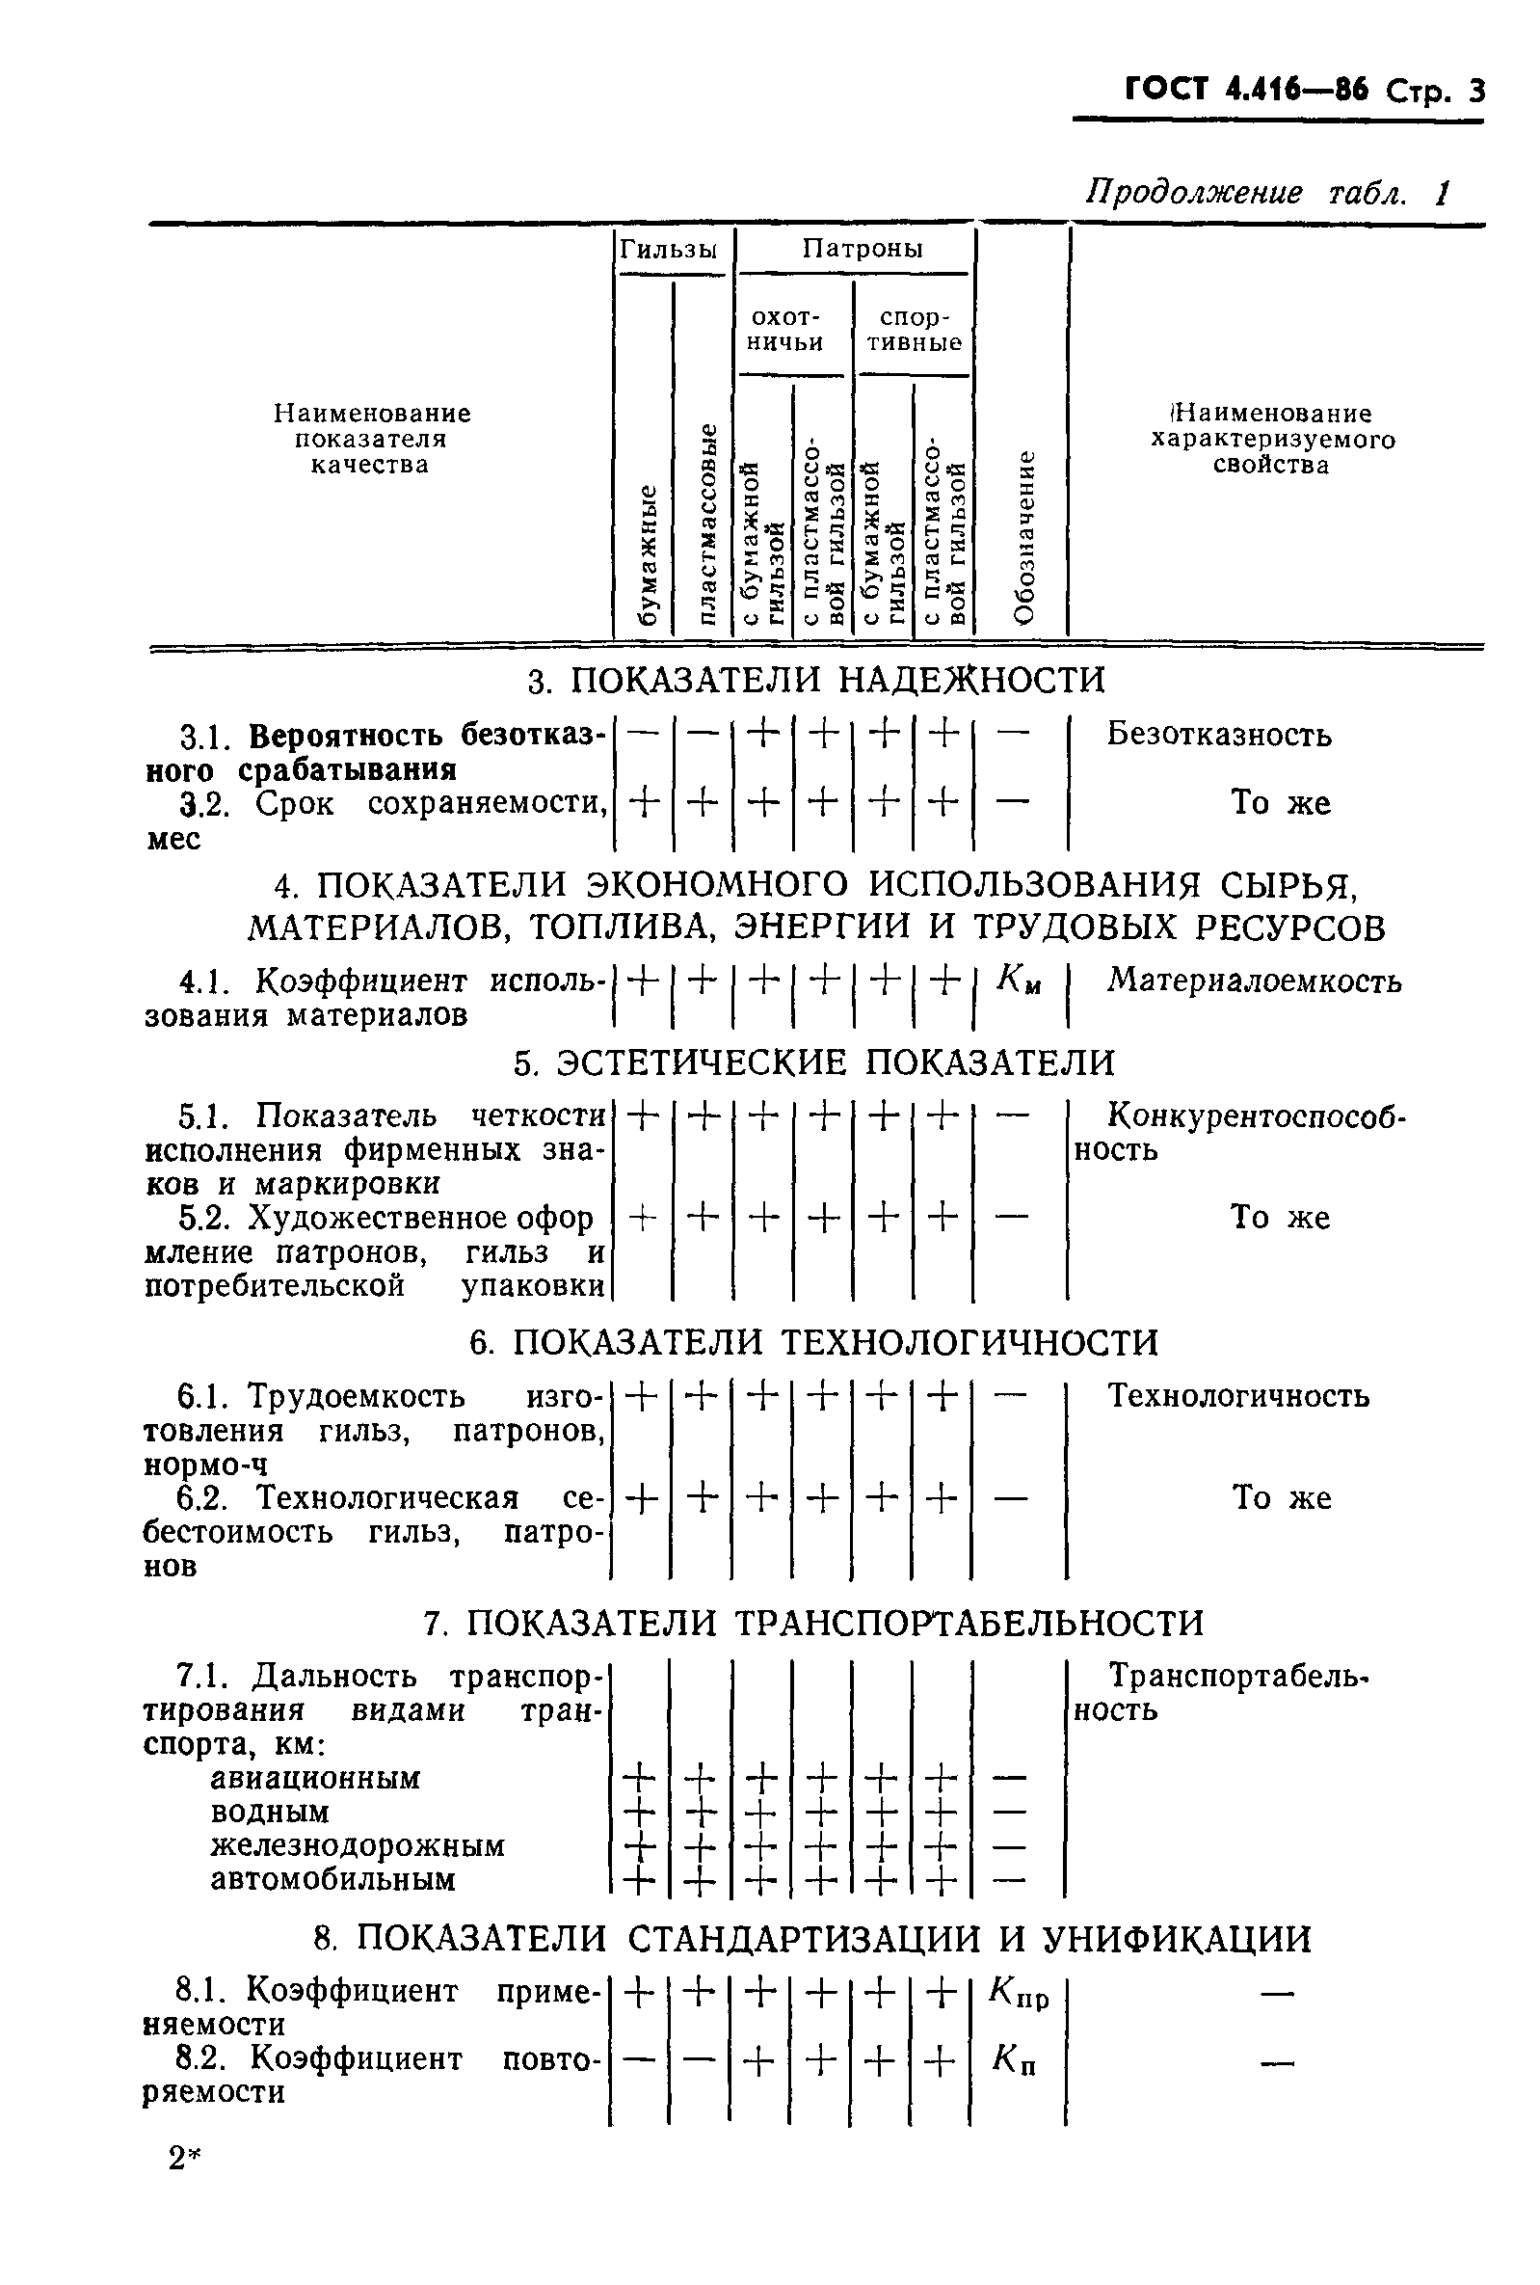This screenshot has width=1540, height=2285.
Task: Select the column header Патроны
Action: click(x=863, y=249)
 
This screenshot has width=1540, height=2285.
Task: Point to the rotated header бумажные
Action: click(x=647, y=555)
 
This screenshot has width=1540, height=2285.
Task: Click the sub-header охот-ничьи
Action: click(x=785, y=330)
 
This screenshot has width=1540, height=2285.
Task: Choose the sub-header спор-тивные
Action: click(x=914, y=330)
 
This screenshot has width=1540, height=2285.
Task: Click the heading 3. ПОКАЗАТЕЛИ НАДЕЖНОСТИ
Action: click(x=816, y=680)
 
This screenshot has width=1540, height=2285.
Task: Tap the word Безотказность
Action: click(x=1219, y=734)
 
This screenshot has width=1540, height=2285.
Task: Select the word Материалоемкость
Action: click(x=1254, y=981)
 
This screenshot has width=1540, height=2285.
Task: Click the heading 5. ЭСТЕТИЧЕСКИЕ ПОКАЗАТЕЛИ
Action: click(x=815, y=1062)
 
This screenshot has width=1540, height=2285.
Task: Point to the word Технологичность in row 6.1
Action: click(x=1238, y=1396)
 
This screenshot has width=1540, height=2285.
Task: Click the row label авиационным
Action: click(x=315, y=1778)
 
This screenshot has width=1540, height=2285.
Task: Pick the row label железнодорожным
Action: click(x=358, y=1846)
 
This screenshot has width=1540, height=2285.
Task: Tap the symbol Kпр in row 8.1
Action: click(x=1020, y=1992)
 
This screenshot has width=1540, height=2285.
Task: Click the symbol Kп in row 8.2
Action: click(x=1014, y=2059)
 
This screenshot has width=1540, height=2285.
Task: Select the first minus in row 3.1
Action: click(x=643, y=734)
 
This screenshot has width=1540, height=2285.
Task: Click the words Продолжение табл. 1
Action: click(x=1267, y=193)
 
